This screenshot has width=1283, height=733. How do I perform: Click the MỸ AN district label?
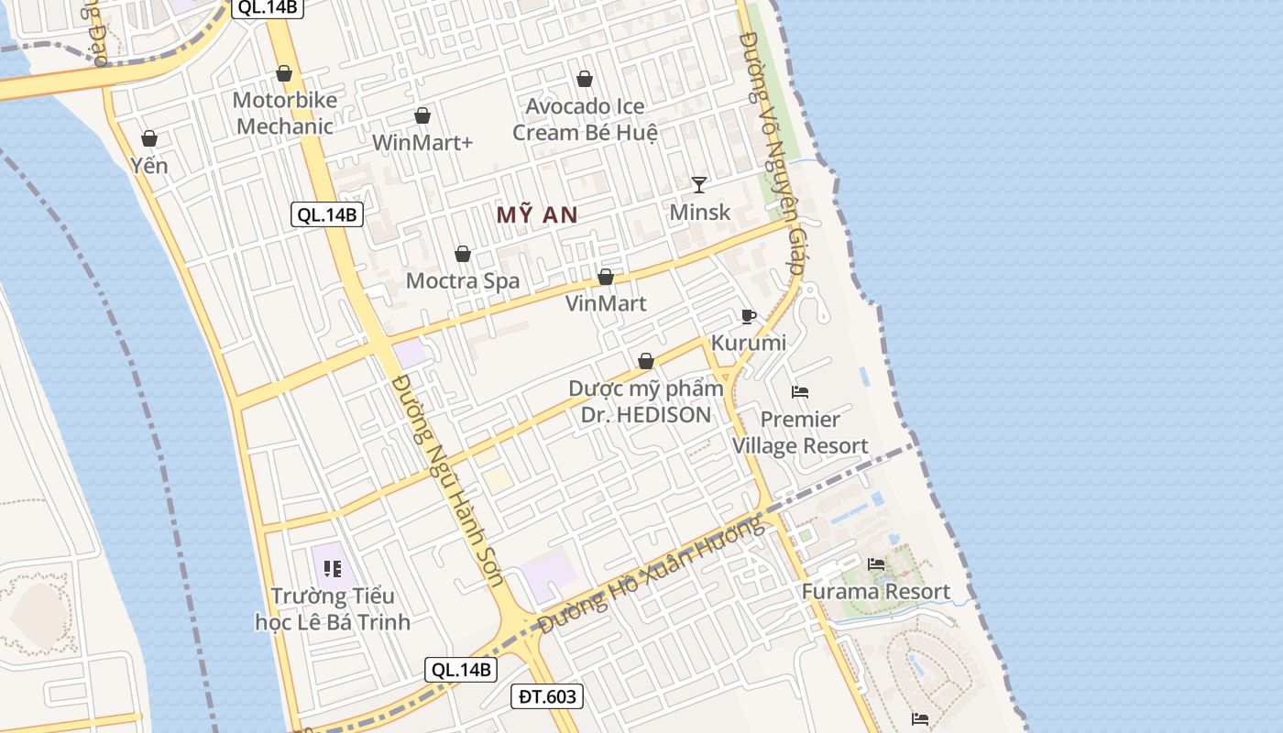(537, 215)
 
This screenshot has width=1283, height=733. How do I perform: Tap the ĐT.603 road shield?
(547, 697)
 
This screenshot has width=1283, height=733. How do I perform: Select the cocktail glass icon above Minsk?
(699, 185)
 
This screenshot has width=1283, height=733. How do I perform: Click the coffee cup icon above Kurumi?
(748, 316)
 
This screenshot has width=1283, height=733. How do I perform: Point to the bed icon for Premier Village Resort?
(800, 392)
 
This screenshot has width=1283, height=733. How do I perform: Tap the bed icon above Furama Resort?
(876, 564)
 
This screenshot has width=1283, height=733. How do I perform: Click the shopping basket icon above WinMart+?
(422, 116)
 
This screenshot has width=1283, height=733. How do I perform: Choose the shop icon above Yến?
(149, 139)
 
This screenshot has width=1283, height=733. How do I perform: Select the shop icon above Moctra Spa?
(463, 254)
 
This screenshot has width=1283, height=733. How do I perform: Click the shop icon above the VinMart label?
(605, 277)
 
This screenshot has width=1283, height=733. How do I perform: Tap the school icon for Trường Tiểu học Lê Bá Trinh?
(333, 569)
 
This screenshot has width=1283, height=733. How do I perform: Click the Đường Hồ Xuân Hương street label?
(651, 575)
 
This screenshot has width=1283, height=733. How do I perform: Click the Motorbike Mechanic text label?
(285, 113)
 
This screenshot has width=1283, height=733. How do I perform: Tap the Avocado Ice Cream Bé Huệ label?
(585, 119)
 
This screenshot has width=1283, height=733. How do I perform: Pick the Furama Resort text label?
(876, 592)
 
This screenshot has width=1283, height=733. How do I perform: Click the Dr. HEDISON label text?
(645, 415)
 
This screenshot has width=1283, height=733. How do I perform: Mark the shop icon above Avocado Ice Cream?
(585, 80)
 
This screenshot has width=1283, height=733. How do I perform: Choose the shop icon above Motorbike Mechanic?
(284, 73)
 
